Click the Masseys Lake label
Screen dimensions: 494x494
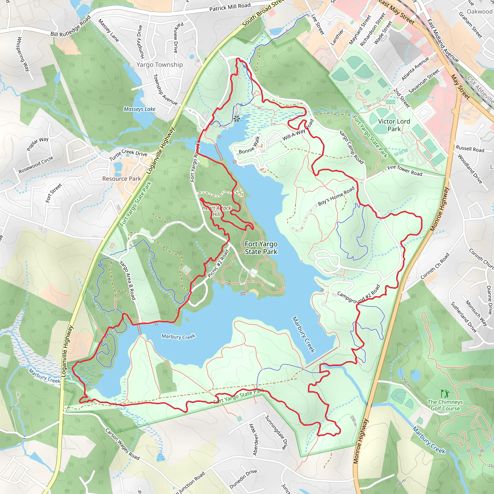(x=139, y=109)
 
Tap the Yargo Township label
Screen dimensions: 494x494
(x=159, y=65)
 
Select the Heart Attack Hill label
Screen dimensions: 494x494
(x=216, y=211)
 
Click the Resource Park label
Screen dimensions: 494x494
(x=122, y=179)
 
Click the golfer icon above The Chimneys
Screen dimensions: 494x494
(x=445, y=394)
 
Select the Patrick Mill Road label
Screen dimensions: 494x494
(x=230, y=7)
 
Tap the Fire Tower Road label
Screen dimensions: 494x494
(x=405, y=171)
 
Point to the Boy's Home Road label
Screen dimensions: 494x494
(x=336, y=196)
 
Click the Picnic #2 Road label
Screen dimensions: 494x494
(x=218, y=263)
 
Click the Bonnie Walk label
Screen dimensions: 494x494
(x=249, y=145)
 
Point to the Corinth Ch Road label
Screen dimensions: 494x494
(x=435, y=266)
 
